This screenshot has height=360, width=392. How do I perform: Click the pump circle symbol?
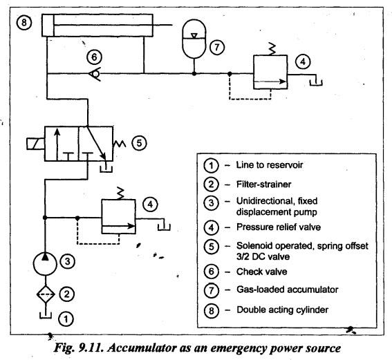point(33,263)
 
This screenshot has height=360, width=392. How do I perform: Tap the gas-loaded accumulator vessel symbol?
point(183,39)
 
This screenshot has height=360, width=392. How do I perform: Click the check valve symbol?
point(95,74)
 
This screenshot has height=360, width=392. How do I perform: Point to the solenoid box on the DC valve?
point(35,144)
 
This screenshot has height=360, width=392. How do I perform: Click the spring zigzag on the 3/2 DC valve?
point(119,144)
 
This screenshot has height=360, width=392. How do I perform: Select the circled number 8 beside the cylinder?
point(24,23)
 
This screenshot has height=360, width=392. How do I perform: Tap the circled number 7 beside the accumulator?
point(217,47)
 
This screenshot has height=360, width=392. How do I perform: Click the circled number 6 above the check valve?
point(94,57)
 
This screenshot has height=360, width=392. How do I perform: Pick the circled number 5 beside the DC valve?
point(139,143)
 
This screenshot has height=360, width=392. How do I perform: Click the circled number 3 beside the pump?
point(68,262)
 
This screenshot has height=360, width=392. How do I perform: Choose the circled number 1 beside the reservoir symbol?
point(66,319)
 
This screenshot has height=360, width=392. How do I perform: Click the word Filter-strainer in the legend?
point(263,184)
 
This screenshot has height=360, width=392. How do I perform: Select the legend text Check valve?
point(262,272)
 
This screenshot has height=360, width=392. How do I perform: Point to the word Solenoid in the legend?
point(254,246)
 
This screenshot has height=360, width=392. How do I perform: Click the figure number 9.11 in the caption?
point(91,348)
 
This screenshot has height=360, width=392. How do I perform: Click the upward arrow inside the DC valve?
point(57,144)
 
